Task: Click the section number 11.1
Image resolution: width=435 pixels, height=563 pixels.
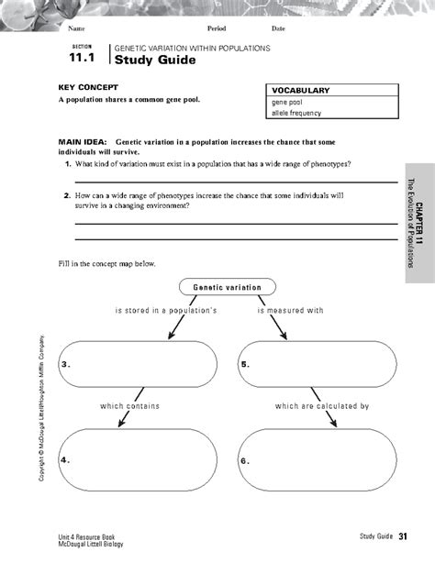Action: click(x=81, y=60)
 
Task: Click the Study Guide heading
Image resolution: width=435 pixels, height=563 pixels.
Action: click(x=151, y=60)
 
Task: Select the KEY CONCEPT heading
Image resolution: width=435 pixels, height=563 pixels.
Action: click(x=89, y=86)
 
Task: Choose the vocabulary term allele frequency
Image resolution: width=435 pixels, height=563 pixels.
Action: click(x=294, y=115)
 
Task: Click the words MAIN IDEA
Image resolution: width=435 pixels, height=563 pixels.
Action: click(x=84, y=143)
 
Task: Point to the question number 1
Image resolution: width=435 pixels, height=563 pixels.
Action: click(x=68, y=162)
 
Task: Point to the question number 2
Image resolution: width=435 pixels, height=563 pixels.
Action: click(x=68, y=195)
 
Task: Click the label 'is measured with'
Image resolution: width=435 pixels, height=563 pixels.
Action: click(x=290, y=311)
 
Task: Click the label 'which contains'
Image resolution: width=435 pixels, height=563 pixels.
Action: click(x=130, y=405)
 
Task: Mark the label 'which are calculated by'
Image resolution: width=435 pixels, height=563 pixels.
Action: click(x=321, y=405)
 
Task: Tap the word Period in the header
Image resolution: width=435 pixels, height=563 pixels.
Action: click(x=217, y=29)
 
